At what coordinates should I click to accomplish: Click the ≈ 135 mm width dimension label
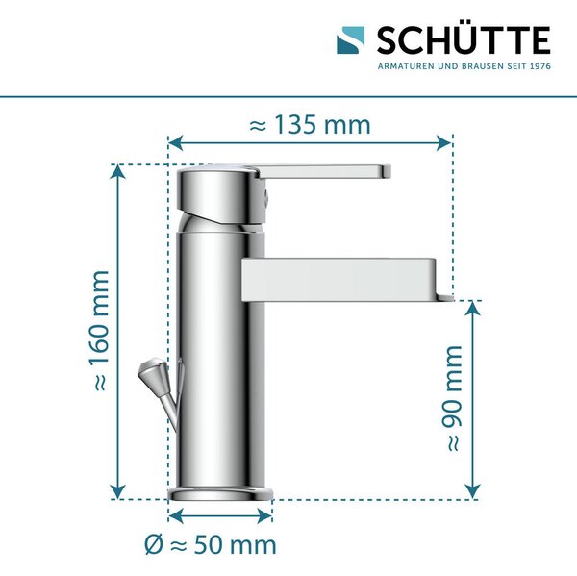coord(310,125)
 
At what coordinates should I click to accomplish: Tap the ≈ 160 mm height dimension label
coord(98,330)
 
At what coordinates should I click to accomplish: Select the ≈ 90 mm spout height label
coord(451,398)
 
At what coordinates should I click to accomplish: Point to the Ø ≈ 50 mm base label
coord(210,544)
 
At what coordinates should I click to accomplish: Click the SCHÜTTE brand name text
coord(464,39)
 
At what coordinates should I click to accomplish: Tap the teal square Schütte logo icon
coord(351,40)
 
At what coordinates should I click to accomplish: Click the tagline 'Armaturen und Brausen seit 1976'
coord(464,66)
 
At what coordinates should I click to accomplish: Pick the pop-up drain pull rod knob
coord(152,372)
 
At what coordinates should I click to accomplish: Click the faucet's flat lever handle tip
coord(386,171)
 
